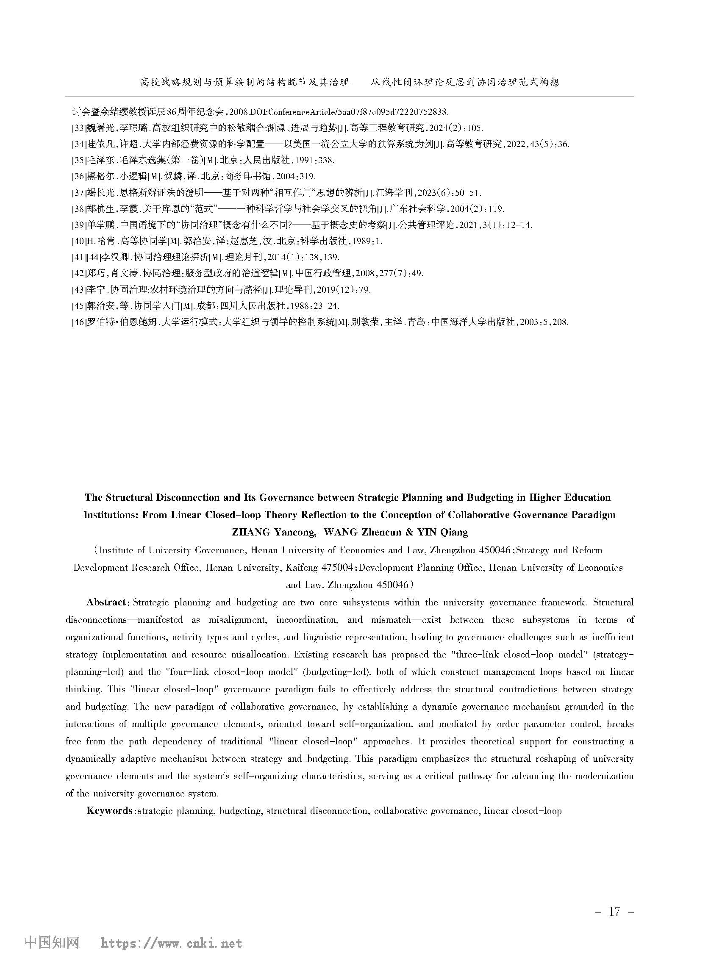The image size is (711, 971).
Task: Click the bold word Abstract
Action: point(106,602)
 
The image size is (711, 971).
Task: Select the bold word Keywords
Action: point(110,811)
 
